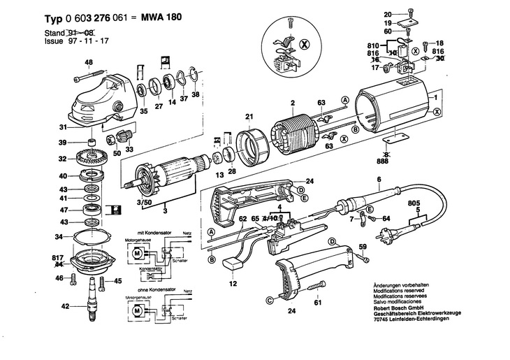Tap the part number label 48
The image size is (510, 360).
(x=89, y=63)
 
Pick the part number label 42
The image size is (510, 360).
(x=64, y=305)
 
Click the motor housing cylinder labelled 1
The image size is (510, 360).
(x=395, y=112)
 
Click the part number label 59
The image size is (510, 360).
(x=363, y=246)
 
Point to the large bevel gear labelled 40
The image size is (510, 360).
(x=90, y=175)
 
